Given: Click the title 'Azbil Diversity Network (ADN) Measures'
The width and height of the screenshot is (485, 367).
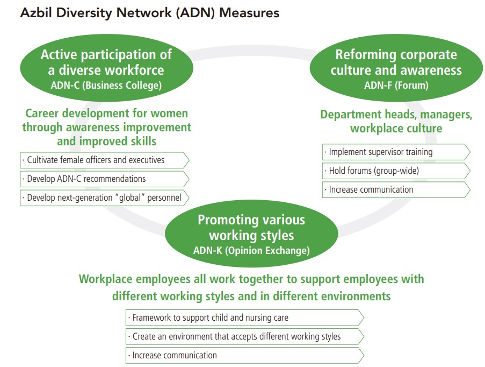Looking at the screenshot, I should pyautogui.click(x=149, y=12).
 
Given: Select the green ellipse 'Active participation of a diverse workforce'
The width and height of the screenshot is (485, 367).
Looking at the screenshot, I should pyautogui.click(x=106, y=69).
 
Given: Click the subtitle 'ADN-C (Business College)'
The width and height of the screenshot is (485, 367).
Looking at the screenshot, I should pyautogui.click(x=106, y=85).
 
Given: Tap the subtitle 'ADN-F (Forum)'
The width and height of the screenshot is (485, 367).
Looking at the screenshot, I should pyautogui.click(x=396, y=85).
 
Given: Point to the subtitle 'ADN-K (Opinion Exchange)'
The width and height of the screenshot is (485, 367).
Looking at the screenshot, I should pyautogui.click(x=251, y=250).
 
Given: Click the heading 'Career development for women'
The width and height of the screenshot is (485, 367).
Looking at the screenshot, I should pyautogui.click(x=106, y=114).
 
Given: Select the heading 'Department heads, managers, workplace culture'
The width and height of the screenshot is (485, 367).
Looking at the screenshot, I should pyautogui.click(x=396, y=121).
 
